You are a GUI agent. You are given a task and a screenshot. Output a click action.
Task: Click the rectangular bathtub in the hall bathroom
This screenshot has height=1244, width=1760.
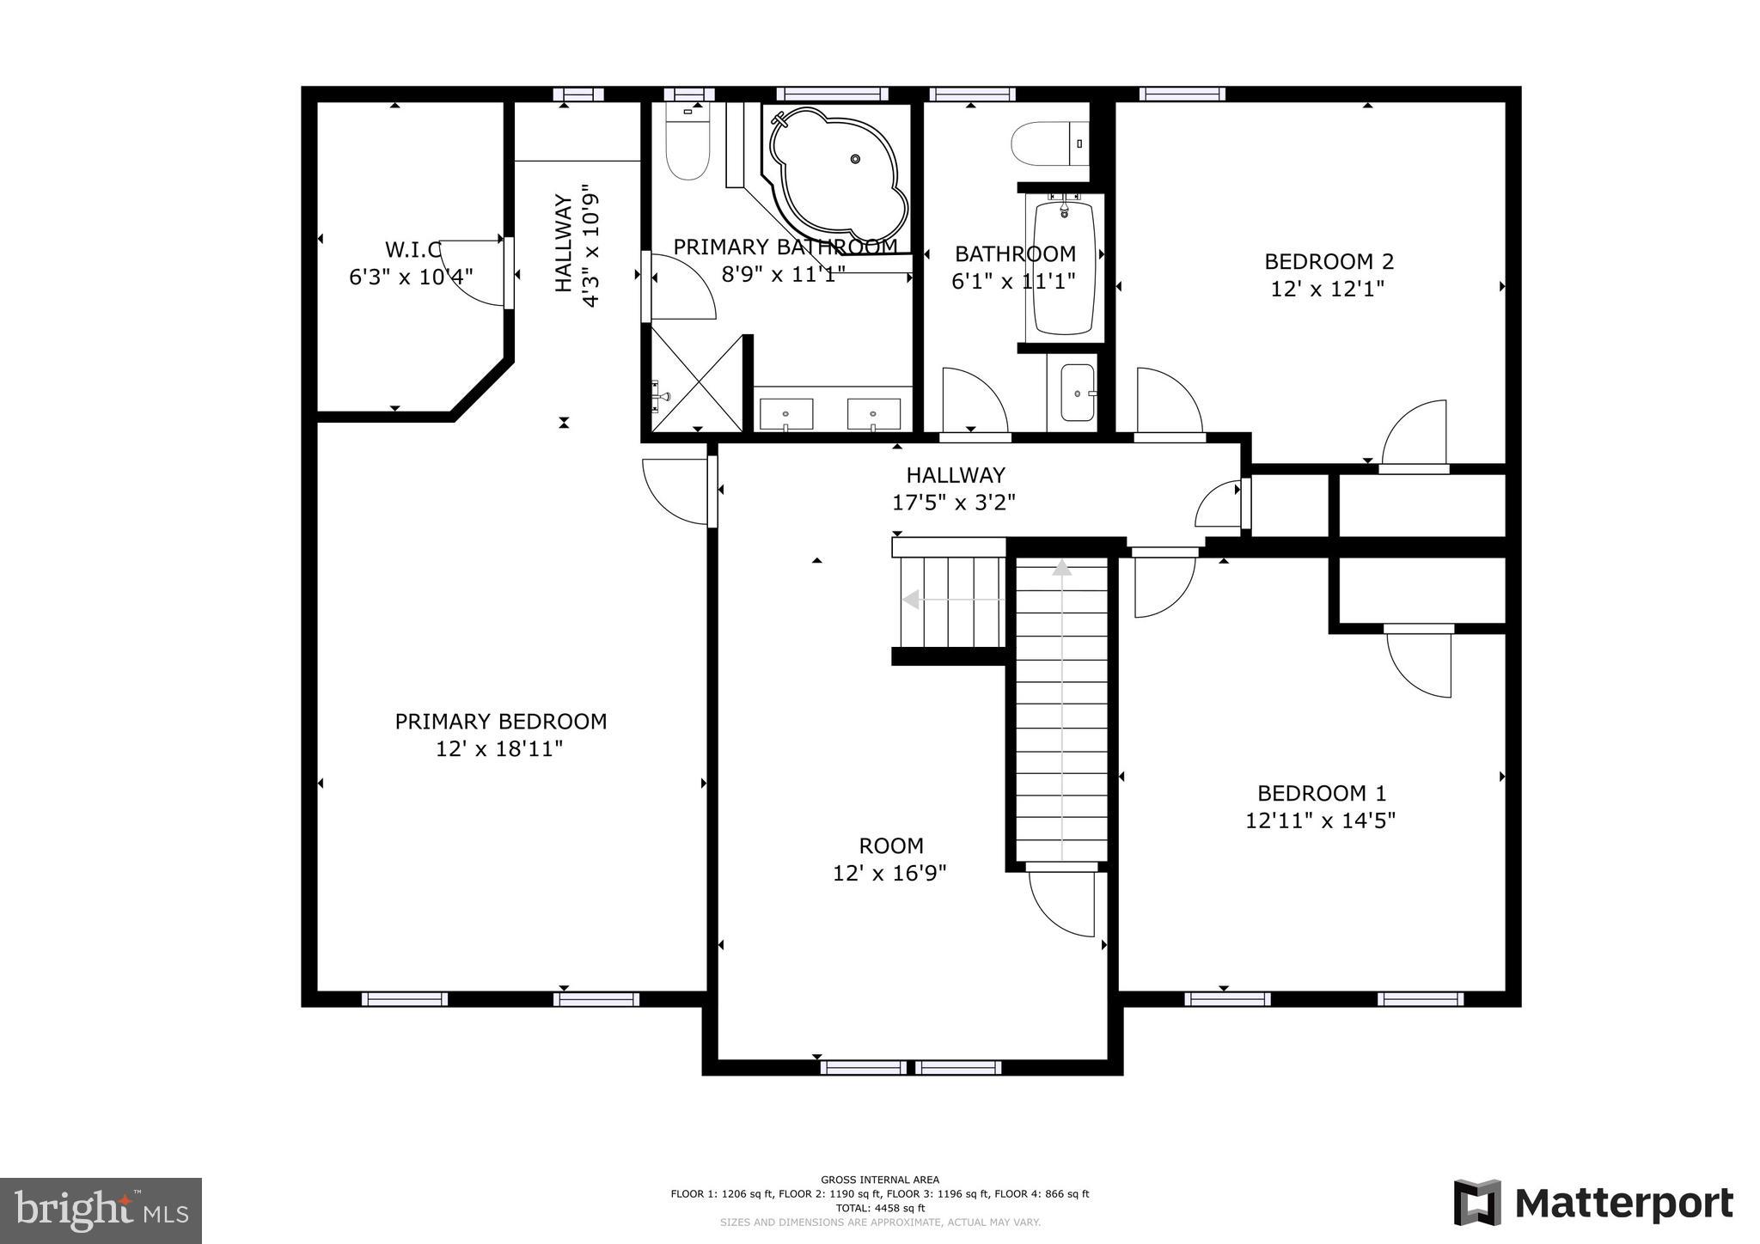coord(1063,267)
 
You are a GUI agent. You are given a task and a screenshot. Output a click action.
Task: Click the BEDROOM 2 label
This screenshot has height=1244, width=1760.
coord(1328,261)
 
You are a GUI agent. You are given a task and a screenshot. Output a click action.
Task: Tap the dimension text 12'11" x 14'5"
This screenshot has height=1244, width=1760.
coord(1320,820)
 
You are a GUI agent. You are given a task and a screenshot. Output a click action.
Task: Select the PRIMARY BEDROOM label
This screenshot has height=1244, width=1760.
coord(500,722)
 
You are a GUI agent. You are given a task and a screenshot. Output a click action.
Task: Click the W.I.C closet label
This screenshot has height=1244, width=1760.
coord(412,250)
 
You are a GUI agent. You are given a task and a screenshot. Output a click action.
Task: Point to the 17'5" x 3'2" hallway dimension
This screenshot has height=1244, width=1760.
coord(954,503)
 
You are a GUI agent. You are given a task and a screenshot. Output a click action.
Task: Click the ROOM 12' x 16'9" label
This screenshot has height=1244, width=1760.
coord(890,859)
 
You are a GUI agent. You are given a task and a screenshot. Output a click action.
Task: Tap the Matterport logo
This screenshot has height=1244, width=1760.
coord(1592,1203)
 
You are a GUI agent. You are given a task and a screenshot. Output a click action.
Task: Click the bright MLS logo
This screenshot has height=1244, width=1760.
coord(101,1210)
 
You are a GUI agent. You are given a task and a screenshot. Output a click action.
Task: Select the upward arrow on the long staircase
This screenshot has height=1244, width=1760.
coord(1063,569)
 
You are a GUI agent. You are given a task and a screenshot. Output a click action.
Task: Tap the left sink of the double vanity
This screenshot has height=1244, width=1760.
coord(785,414)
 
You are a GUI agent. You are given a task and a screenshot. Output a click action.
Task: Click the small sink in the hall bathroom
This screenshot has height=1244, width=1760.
coord(1078,393)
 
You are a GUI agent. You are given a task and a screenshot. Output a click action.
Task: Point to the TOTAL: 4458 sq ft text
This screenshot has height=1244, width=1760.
coord(880,1208)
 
